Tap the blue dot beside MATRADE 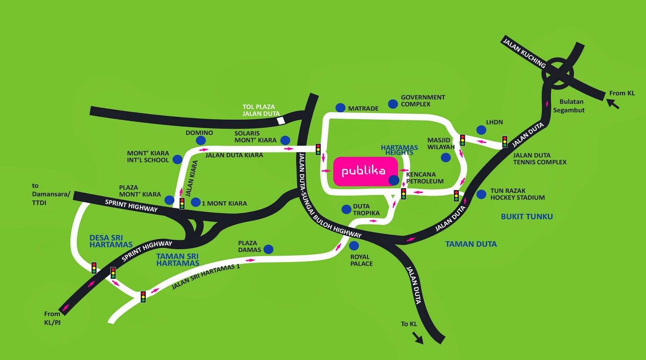click(340, 108)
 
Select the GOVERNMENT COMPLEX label click(423, 100)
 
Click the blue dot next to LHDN click(481, 130)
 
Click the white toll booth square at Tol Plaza click(281, 120)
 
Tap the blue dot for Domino click(201, 140)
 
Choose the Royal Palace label click(361, 260)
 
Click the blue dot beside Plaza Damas click(268, 249)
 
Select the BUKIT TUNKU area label click(526, 217)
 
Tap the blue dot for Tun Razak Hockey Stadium click(481, 195)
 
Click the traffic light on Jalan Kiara click(182, 203)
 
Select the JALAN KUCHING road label click(524, 52)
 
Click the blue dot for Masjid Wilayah click(446, 157)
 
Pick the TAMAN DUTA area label click(471, 244)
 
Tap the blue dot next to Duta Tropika click(346, 209)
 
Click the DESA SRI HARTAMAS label click(111, 241)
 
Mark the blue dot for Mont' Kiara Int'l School click(177, 159)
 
